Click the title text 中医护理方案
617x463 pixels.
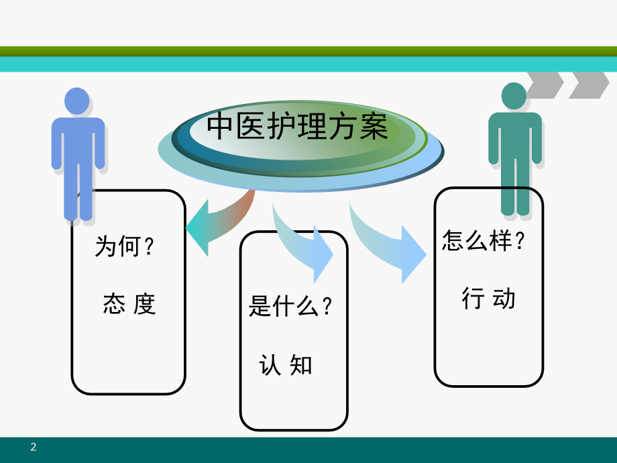298,126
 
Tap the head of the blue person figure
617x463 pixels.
76,101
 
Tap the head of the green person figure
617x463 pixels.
514,96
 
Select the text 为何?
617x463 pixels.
124,246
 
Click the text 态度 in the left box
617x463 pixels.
129,303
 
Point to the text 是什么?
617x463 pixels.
290,306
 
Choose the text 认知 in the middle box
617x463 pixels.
285,365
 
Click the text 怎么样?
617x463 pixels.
484,240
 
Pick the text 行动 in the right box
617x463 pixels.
488,298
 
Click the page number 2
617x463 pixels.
34,447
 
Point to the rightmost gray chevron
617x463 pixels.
589,85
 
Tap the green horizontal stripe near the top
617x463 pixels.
308,52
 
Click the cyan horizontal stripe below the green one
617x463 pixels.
308,64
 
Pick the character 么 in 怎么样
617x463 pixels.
477,240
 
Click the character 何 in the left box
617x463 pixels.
129,246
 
